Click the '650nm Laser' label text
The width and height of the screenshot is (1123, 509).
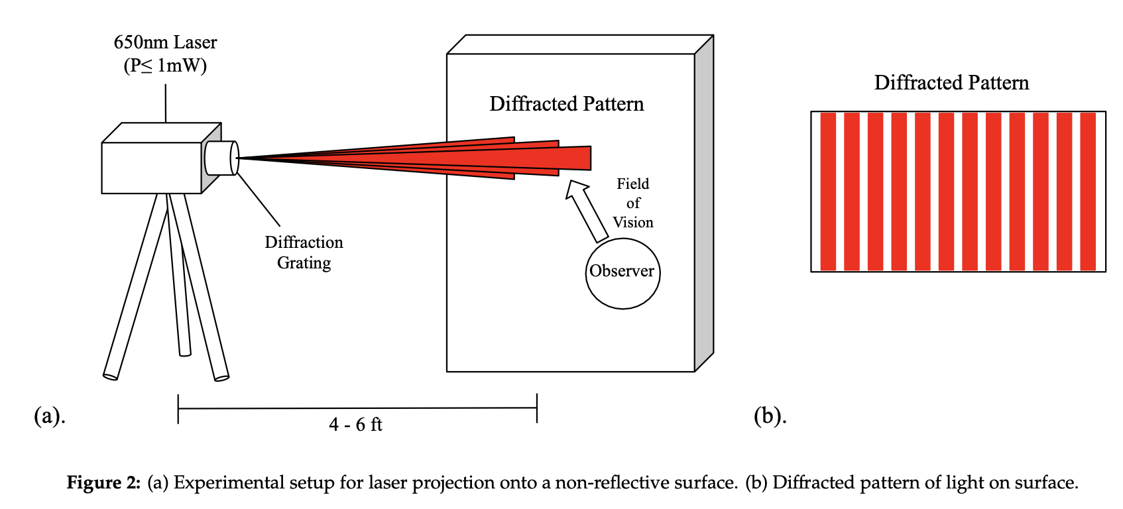(165, 42)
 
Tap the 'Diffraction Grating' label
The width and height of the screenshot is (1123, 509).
(304, 253)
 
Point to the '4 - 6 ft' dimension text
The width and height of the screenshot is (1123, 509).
(355, 425)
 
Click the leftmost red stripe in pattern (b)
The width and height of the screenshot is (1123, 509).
(828, 192)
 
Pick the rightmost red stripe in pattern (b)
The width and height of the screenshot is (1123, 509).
(1088, 192)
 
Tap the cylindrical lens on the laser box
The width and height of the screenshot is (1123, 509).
(221, 158)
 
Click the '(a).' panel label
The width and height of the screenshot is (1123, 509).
(50, 416)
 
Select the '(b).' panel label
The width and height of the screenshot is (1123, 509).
(770, 416)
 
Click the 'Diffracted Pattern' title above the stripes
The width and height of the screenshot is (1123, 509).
(951, 83)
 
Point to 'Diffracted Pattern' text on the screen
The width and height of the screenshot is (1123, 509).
(567, 104)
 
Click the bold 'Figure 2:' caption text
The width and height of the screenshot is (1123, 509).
(103, 482)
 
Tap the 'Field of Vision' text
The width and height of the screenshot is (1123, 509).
(633, 203)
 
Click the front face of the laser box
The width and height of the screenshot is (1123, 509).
(151, 168)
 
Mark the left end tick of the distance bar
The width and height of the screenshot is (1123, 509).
(178, 408)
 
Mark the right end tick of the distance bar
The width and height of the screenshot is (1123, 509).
(537, 408)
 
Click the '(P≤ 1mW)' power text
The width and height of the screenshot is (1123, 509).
(165, 66)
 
